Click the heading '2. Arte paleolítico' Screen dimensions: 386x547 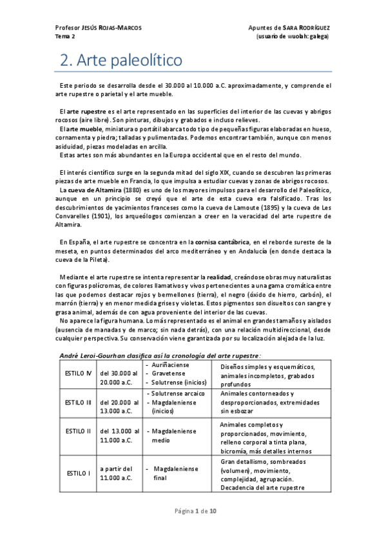point(121,61)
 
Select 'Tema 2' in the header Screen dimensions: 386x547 point(66,37)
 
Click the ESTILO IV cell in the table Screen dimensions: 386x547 point(78,375)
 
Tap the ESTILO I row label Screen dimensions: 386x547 point(78,473)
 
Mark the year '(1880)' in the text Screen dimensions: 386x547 point(129,192)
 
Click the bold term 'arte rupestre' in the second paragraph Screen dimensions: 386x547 point(88,112)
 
